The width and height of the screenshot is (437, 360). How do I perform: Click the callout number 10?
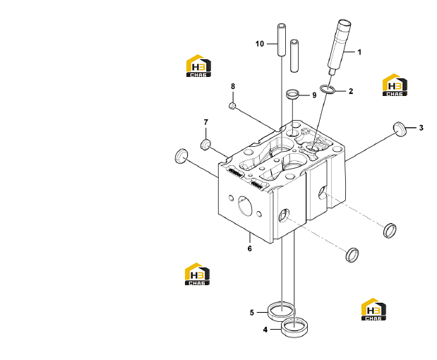260,44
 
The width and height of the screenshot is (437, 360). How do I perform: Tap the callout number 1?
359,52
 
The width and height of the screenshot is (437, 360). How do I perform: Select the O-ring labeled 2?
327,89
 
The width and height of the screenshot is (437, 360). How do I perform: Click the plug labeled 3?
400,129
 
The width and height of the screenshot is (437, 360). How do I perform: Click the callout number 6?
249,248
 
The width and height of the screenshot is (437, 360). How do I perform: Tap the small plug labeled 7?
205,145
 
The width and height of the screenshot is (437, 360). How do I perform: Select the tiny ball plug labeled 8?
232,106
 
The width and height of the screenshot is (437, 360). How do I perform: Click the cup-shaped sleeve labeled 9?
292,94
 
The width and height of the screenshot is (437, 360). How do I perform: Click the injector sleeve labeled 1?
338,46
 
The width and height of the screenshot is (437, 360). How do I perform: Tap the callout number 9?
314,95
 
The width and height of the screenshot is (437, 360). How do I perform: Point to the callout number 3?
421,128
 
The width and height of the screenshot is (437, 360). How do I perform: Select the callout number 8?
233,86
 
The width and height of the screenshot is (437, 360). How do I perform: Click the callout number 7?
206,122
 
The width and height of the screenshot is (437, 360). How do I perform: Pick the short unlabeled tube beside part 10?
294,56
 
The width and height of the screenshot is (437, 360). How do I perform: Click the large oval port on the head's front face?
245,205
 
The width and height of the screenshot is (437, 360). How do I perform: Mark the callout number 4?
265,330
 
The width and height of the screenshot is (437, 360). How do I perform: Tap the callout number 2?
351,91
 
